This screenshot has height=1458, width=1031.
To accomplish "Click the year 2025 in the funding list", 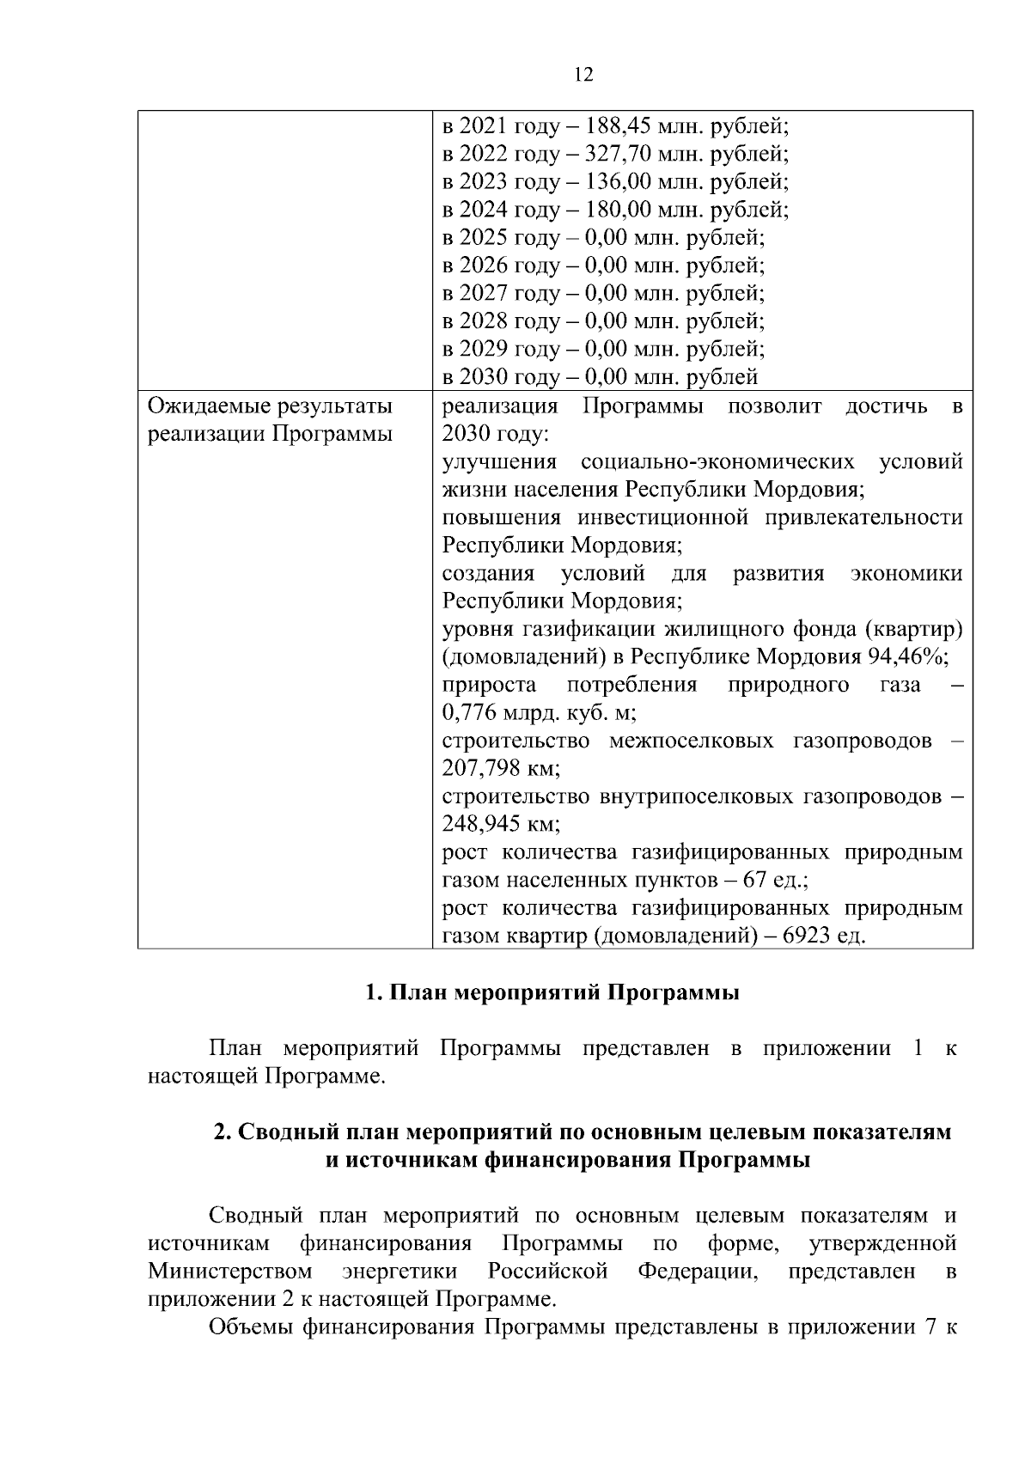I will coord(483,238).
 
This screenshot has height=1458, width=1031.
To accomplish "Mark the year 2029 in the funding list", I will coord(483,349).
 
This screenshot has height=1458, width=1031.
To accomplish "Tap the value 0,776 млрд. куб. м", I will coord(539,713).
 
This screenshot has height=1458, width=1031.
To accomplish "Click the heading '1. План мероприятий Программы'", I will coord(552,993).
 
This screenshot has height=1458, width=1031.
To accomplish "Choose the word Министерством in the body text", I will coord(229,1271).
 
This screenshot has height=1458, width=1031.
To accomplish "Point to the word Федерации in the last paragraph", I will coord(697,1271).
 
